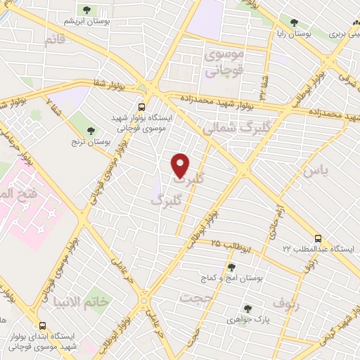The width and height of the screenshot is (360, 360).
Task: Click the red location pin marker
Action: (181, 165)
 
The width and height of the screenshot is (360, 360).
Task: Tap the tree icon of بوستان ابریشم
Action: (87, 10)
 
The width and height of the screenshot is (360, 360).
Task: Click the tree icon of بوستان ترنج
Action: (90, 130)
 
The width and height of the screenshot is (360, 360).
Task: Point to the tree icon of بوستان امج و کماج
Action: (232, 266)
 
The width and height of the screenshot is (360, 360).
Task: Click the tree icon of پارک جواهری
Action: (247, 307)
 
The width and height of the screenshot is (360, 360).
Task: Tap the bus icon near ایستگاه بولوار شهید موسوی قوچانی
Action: (142, 108)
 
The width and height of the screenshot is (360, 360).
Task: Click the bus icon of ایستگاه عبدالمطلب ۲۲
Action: (319, 238)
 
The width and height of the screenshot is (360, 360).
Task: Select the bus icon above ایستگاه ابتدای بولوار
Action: (43, 326)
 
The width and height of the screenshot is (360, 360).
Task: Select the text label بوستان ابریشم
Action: (86, 22)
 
